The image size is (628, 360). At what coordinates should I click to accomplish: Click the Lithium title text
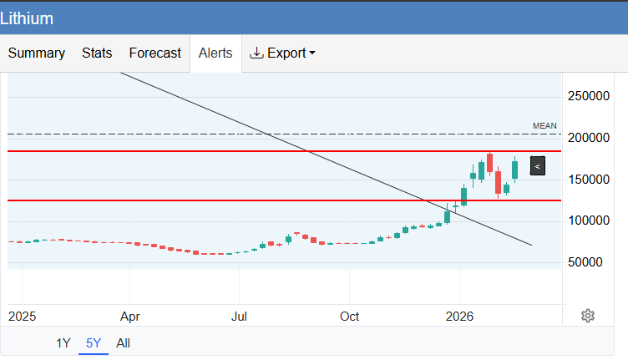coord(27,18)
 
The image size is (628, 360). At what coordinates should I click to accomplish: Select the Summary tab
coord(37,53)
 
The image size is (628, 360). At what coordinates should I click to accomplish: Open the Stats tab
coord(97,53)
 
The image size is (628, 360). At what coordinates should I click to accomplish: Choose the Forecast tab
coord(154,53)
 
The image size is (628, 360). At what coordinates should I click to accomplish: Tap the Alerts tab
coord(215,53)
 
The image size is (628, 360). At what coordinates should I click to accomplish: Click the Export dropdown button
coord(283,53)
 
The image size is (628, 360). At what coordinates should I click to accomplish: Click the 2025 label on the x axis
coord(23,317)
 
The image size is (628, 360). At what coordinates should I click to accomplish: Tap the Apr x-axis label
coord(130,317)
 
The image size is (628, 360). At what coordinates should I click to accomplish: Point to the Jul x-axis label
coord(240,317)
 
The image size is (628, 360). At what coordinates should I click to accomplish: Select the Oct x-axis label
coord(349,317)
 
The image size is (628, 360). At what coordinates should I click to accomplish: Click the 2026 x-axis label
coord(459,317)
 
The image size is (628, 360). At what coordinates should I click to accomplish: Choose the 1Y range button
coord(63,342)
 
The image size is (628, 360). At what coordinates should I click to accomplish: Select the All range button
coord(123,342)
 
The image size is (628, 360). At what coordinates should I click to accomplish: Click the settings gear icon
coord(588,315)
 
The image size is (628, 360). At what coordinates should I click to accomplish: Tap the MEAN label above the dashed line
coord(544,126)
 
